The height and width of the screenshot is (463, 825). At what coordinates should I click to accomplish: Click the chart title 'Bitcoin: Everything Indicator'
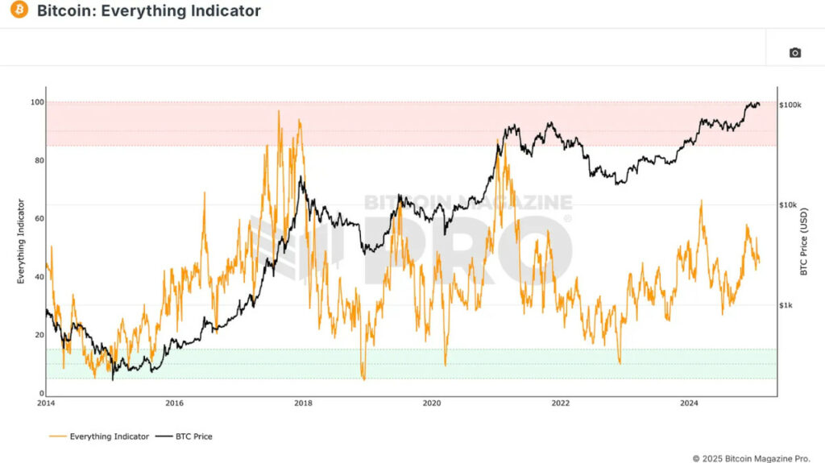coord(149,11)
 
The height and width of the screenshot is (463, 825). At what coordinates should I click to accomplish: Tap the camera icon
coord(794,53)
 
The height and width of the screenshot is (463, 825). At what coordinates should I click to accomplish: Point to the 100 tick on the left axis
coord(36,102)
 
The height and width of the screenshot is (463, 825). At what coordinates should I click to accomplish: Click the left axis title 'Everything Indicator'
coord(21,242)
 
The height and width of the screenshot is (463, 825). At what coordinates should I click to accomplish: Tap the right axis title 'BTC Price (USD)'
coord(804,242)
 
